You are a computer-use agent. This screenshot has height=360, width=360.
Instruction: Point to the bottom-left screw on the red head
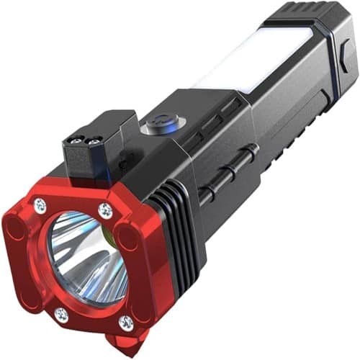coord(63,315)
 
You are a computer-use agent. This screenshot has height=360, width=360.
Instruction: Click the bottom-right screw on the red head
coord(127,322)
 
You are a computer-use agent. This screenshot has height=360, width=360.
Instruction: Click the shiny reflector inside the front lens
coord(83,259)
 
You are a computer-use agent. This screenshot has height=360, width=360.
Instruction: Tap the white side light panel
coord(248,58)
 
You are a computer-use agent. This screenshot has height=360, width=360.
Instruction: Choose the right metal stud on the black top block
coord(94,143)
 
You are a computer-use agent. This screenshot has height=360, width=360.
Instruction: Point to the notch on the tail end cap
coord(343,60)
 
